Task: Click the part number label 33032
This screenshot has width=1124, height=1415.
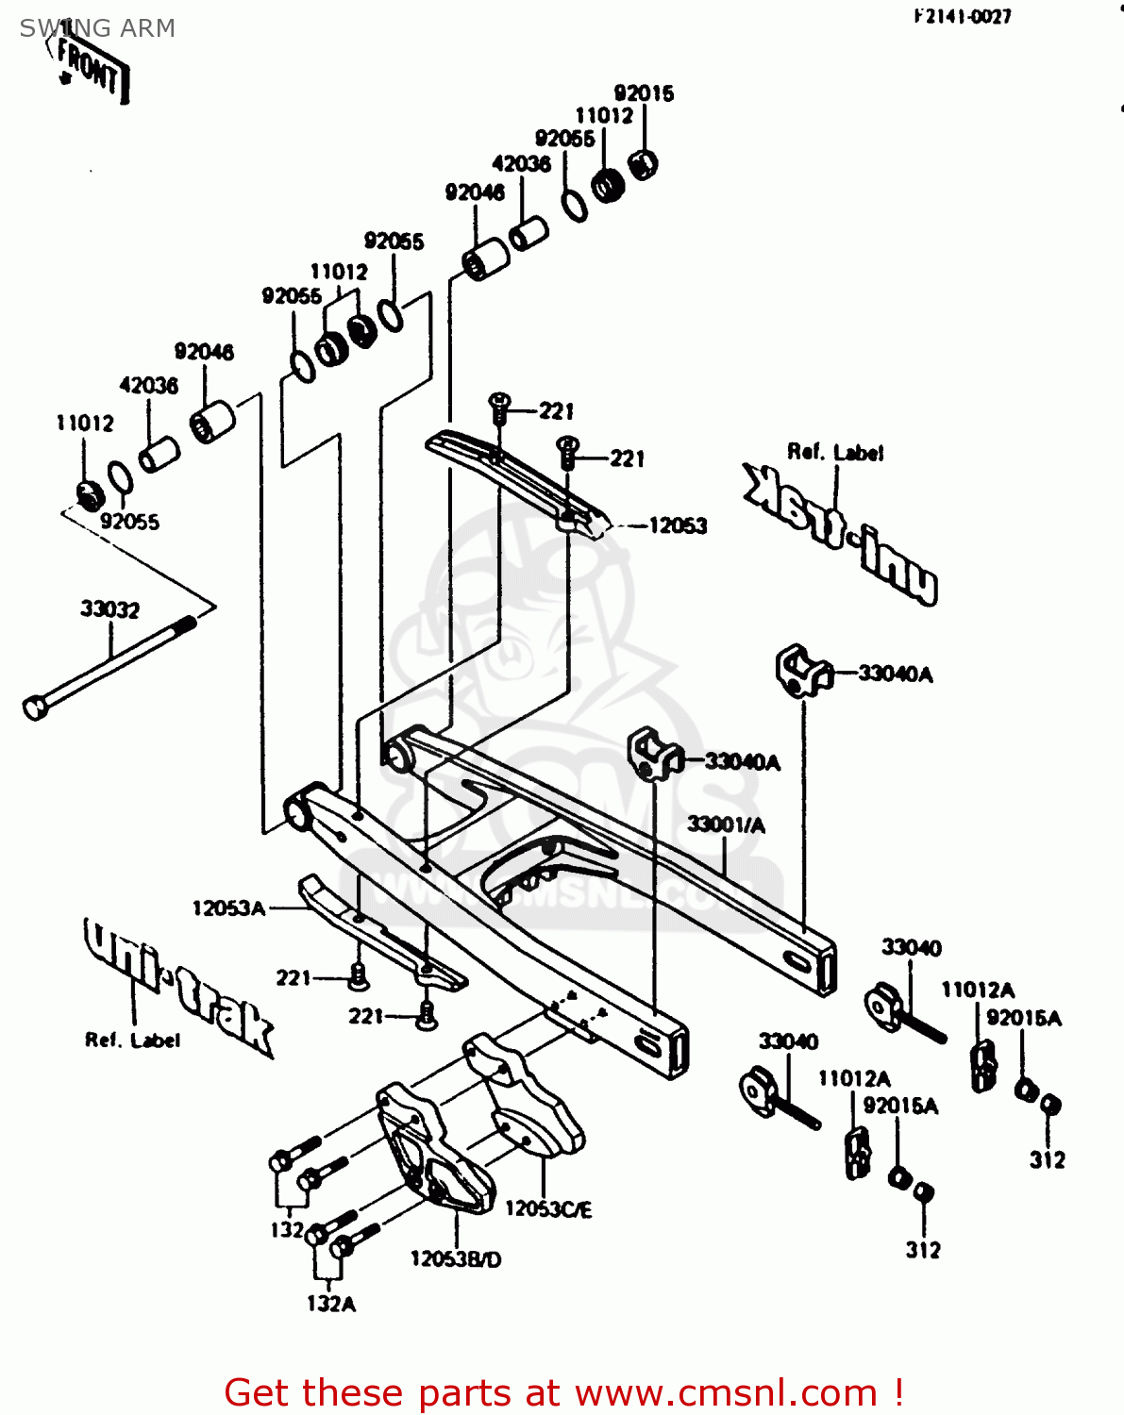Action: tap(109, 609)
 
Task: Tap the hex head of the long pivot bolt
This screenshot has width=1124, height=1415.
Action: tap(35, 707)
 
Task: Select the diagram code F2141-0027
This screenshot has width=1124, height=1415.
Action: tap(962, 16)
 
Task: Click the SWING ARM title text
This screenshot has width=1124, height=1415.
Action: tap(97, 28)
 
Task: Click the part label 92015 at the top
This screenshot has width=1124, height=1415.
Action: tap(644, 92)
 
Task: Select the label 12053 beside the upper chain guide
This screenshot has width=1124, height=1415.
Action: tap(678, 525)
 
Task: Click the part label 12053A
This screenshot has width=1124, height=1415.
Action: tap(228, 908)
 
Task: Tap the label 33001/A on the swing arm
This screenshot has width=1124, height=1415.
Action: tap(726, 825)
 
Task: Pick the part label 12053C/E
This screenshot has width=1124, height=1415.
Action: tap(548, 1209)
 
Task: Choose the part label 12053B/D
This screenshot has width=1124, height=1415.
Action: tap(456, 1259)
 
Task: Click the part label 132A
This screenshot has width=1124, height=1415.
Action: tap(331, 1305)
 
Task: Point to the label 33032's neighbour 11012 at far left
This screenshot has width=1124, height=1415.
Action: tap(85, 424)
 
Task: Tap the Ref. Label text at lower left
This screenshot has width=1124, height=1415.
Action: tap(132, 1040)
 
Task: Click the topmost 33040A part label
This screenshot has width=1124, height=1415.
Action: tap(895, 674)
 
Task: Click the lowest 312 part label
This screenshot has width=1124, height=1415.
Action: tap(923, 1251)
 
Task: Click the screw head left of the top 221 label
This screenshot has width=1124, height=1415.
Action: tap(499, 404)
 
